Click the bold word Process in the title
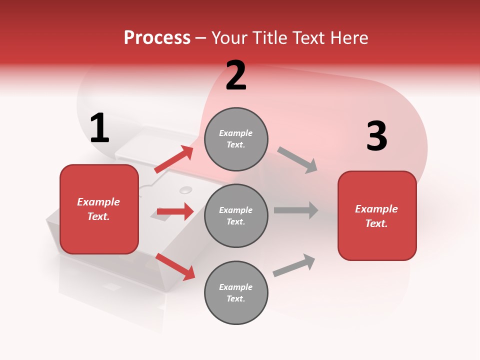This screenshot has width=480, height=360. pos(157,38)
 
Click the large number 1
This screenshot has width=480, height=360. pos(99,128)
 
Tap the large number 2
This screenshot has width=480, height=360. pos(236,75)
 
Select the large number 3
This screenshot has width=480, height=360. pos(376,136)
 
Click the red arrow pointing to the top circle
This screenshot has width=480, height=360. pos(173,159)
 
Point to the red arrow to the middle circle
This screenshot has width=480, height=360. pos(175,211)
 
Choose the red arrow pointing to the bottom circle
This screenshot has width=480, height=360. pos(175,266)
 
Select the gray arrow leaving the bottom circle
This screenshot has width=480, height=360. pos(294,265)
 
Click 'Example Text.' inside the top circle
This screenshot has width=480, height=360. pos(236,139)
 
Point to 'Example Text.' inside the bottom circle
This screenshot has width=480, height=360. pos(236,293)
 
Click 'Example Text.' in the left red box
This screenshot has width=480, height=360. pos(99,209)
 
